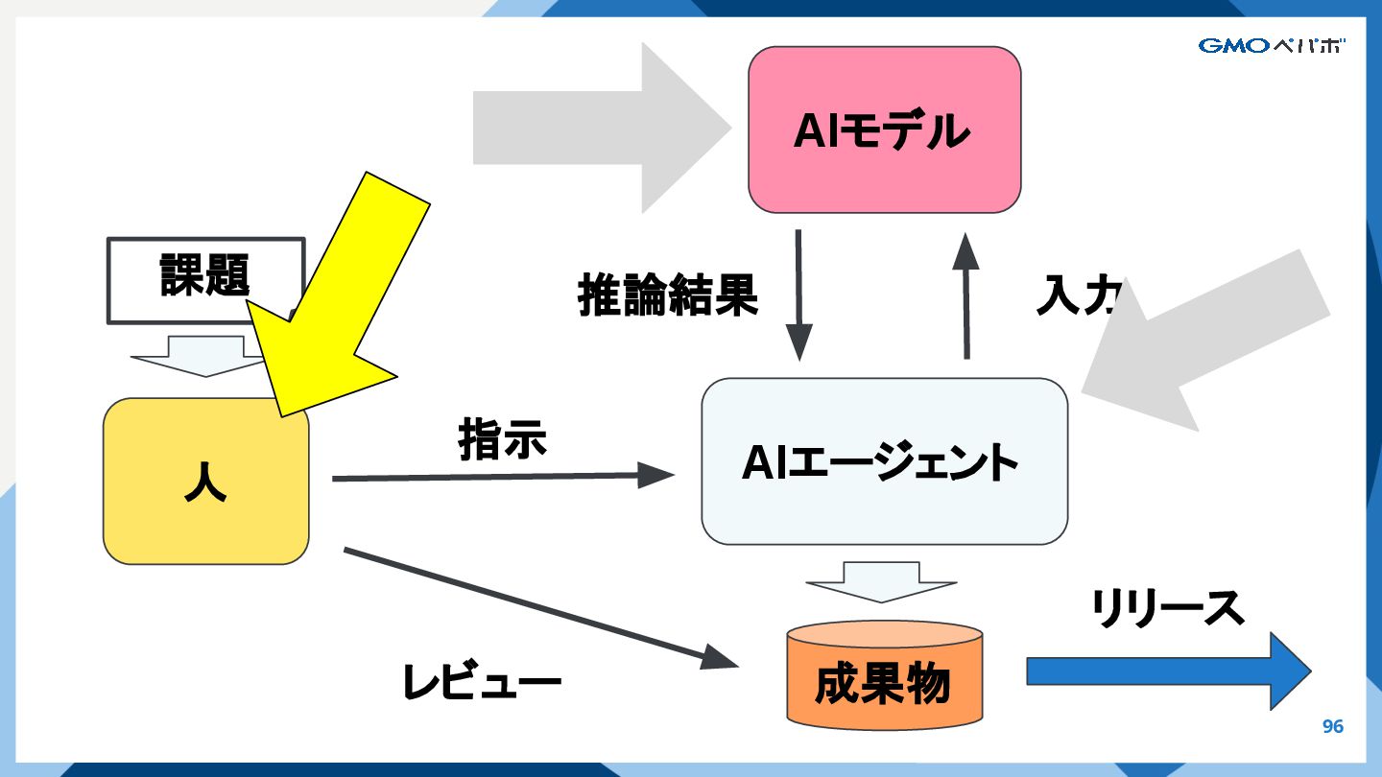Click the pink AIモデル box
[884, 129]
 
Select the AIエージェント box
[884, 461]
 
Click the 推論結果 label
[668, 294]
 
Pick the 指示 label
[503, 439]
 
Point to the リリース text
[1167, 607]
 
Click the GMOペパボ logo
[1271, 45]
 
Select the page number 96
[1333, 726]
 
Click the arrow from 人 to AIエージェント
[499, 476]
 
